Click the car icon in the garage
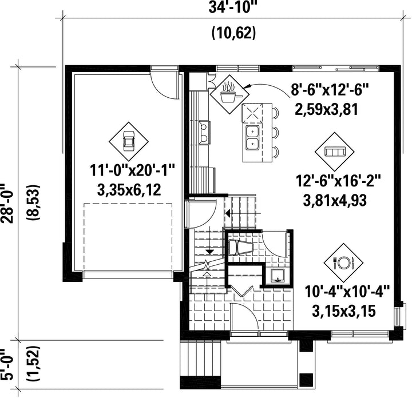pos(129,141)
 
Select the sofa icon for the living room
pos(335,152)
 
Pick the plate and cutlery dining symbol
pos(344,262)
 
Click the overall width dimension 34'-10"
pos(232,7)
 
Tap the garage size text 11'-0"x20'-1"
pos(132,170)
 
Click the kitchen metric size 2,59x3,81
pos(327,109)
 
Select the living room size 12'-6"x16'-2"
pos(338,181)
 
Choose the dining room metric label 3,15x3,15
pos(344,311)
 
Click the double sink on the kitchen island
pos(252,138)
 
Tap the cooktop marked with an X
pos(252,113)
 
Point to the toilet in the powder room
pos(240,247)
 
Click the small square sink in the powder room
pos(277,276)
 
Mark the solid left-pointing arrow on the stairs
pos(228,213)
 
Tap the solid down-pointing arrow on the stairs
pos(209,252)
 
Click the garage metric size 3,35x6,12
pos(129,190)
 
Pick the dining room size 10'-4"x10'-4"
pos(347,292)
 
